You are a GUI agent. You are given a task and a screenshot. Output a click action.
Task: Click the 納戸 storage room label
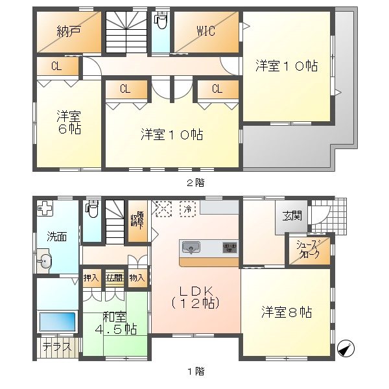[64, 30]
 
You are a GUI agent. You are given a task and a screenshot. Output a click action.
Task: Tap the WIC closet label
[206, 30]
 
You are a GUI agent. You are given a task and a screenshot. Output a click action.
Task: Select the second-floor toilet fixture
[160, 21]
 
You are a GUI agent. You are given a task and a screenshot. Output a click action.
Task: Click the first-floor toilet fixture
[91, 210]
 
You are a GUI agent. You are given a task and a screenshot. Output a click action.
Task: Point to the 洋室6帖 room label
[67, 123]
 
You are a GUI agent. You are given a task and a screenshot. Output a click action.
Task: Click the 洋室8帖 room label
[287, 312]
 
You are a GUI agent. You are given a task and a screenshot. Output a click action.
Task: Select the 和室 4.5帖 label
[117, 323]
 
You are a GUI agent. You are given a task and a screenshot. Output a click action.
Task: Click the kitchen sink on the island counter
[191, 247]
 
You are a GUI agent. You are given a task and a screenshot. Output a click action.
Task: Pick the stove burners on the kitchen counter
[229, 247]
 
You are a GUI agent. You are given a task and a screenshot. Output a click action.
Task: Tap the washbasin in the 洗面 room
[44, 262]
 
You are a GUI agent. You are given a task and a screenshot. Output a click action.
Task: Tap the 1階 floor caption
[195, 371]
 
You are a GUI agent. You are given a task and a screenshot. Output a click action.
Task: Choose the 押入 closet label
[91, 277]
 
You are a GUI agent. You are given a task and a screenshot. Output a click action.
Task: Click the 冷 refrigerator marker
[187, 209]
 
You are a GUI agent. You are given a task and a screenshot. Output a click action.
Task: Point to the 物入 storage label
[137, 277]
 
